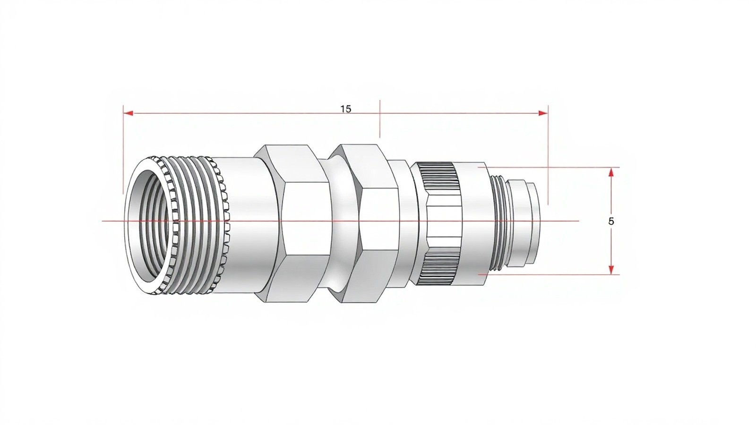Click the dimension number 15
tap(345, 109)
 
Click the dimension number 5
tap(611, 221)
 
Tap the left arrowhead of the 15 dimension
tap(128, 113)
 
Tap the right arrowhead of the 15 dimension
tap(543, 113)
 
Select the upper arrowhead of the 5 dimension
tap(610, 172)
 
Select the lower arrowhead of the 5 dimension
tap(610, 270)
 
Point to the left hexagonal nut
tap(292, 222)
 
